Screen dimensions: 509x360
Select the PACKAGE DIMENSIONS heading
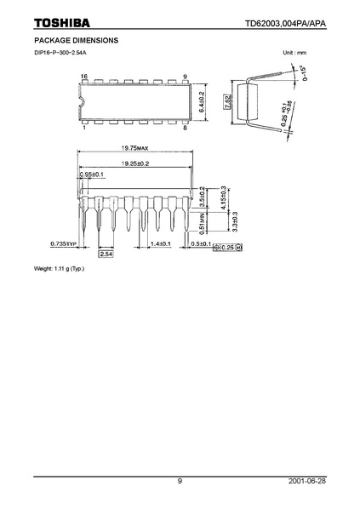(70, 40)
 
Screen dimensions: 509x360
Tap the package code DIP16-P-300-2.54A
(60, 54)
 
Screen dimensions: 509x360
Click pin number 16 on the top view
(84, 77)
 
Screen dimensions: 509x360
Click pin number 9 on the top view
(184, 77)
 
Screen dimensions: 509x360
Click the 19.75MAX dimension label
(134, 148)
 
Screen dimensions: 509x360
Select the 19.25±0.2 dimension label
(134, 163)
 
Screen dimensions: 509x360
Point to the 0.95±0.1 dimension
(91, 174)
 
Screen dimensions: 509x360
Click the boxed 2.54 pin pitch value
(106, 254)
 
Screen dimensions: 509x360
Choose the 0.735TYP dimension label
(63, 244)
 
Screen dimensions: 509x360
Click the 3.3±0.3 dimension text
(234, 224)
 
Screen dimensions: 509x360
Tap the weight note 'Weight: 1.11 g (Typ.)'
(60, 270)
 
